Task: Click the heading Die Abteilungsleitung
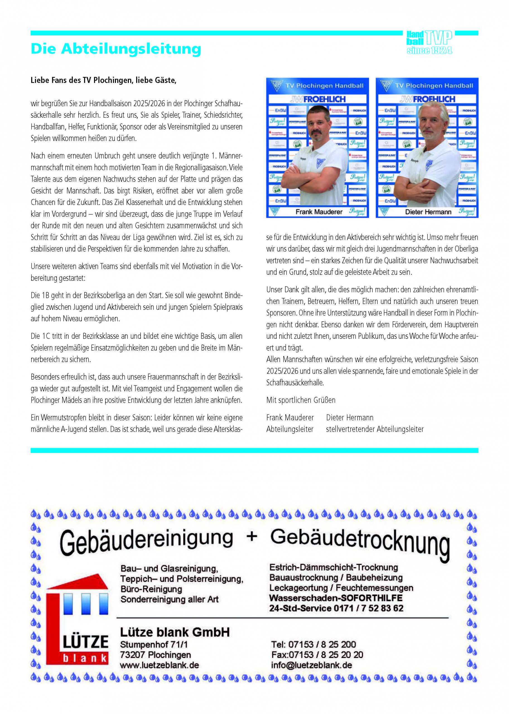[x=116, y=49]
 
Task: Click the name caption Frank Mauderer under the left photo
[x=319, y=212]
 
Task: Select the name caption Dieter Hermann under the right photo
[x=428, y=212]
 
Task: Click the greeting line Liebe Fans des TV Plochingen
[x=103, y=80]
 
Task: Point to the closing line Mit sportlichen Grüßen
[x=301, y=400]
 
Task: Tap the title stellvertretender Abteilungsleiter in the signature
[x=375, y=429]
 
